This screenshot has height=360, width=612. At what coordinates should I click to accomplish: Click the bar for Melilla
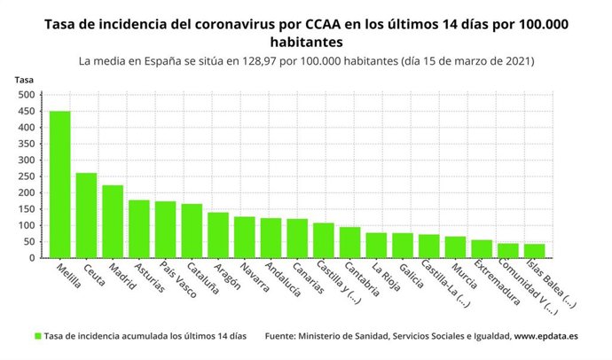60,184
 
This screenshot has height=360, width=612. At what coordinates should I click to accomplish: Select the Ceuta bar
87,215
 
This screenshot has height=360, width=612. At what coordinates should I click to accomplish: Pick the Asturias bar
139,229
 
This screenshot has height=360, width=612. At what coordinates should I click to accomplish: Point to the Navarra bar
245,237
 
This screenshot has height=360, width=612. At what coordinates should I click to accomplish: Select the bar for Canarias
298,239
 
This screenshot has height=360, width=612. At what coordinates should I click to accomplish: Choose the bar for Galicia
403,246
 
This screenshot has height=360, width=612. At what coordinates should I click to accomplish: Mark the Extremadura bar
482,249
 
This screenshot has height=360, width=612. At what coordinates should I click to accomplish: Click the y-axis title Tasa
24,80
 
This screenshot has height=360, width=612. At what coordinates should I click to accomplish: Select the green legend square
38,336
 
